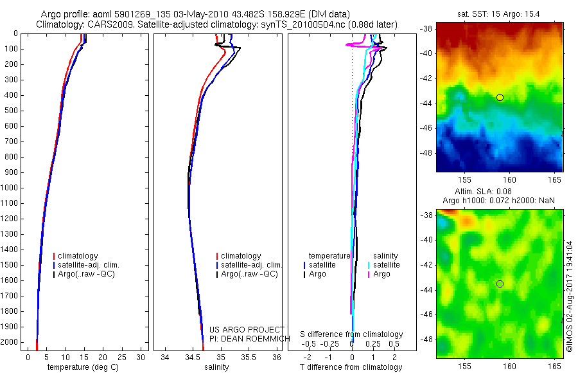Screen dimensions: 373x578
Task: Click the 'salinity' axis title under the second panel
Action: (x=216, y=367)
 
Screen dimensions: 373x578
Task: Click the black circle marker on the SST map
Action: (x=500, y=97)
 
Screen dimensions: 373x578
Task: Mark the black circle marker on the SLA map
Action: (x=500, y=284)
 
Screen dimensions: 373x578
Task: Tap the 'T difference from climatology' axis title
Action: (x=351, y=367)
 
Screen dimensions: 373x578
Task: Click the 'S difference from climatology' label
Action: (x=352, y=334)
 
